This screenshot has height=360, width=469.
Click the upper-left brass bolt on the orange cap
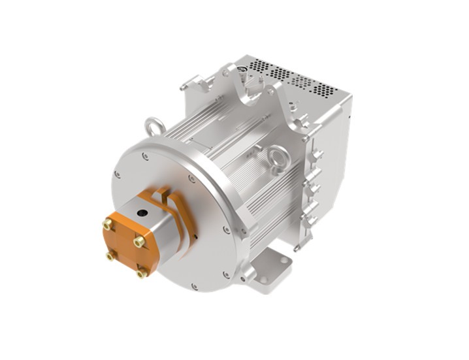tap(106, 225)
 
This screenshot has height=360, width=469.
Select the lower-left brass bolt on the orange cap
tap(110, 256)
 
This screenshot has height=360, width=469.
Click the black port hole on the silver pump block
tap(142, 212)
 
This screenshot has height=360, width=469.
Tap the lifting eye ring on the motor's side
tap(278, 159)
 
